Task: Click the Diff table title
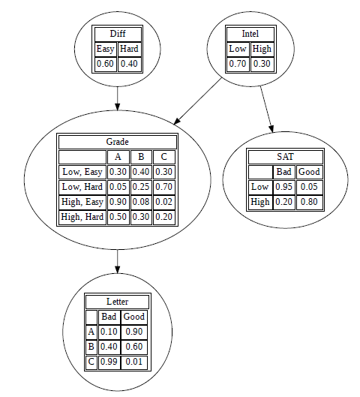point(118,34)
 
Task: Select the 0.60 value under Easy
point(105,64)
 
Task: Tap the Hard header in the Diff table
point(129,49)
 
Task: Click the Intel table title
point(250,34)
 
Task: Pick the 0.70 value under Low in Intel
point(238,64)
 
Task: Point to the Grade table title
point(118,142)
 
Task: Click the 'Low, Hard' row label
point(82,187)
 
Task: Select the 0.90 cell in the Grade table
point(118,202)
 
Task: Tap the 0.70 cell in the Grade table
point(163,187)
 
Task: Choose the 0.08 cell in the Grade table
point(141,202)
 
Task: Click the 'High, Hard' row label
point(82,217)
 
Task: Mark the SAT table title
point(285,157)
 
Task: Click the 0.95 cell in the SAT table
point(283,187)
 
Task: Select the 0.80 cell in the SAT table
point(309,202)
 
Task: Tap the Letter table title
point(118,302)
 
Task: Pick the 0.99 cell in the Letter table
point(109,362)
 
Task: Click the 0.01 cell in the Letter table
point(134,362)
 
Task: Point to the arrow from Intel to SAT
point(267,110)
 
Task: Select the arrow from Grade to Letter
point(118,262)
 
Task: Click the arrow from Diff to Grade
point(118,99)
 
